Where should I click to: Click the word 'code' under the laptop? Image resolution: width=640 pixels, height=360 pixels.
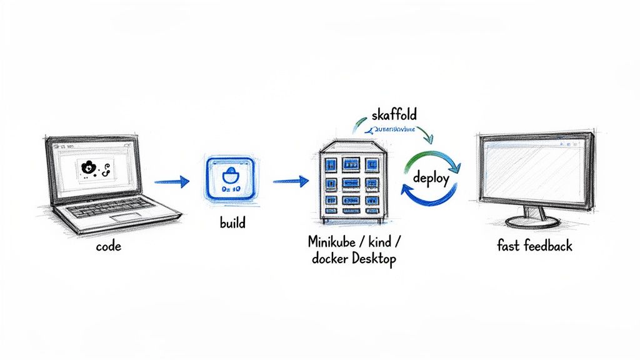(109, 246)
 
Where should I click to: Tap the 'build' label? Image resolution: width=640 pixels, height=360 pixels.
(232, 222)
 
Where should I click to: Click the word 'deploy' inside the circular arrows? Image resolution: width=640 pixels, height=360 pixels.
(431, 178)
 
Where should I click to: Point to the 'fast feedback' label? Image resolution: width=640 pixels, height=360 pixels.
(534, 246)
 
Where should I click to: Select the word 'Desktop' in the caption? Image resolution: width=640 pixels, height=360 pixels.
(374, 259)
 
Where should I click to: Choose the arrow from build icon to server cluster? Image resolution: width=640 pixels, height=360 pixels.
(291, 181)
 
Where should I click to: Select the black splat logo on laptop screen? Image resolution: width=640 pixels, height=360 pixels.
(89, 167)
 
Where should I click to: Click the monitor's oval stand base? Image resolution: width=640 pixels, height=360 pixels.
(532, 221)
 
